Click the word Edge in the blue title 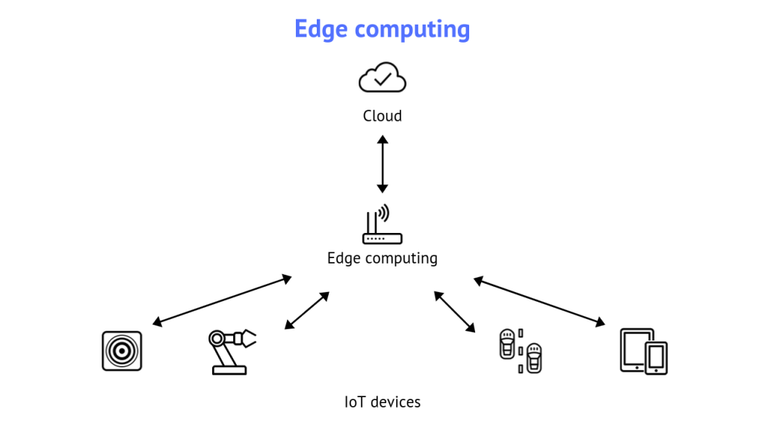[321, 29]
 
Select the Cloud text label [382, 116]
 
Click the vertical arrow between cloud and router [382, 164]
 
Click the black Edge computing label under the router [382, 258]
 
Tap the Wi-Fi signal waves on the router [384, 214]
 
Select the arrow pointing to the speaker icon [222, 301]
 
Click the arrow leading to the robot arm [307, 310]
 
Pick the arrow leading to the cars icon [454, 311]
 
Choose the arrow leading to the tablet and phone [539, 301]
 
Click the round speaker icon [122, 351]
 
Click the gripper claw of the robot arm [246, 338]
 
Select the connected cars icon [520, 350]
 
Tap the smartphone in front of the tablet [657, 358]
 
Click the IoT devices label [382, 402]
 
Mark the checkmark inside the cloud [383, 76]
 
